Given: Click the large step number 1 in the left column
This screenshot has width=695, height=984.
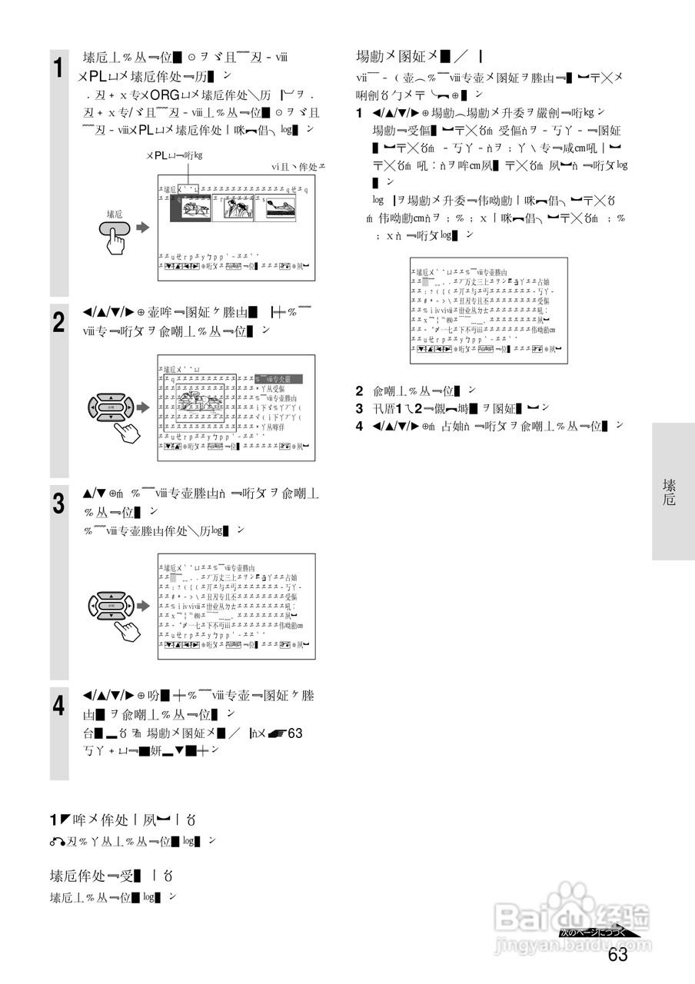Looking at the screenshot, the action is point(58,68).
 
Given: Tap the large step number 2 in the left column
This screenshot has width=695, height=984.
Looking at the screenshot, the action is point(58,322).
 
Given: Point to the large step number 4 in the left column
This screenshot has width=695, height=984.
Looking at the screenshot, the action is point(58,706).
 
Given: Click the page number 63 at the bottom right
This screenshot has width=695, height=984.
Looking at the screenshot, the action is point(617,956).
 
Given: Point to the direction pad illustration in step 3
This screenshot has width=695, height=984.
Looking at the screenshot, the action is point(111,606).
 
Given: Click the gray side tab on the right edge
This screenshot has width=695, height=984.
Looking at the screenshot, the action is point(673,491).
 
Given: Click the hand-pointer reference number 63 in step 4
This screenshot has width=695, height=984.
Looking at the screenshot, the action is point(295,733).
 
